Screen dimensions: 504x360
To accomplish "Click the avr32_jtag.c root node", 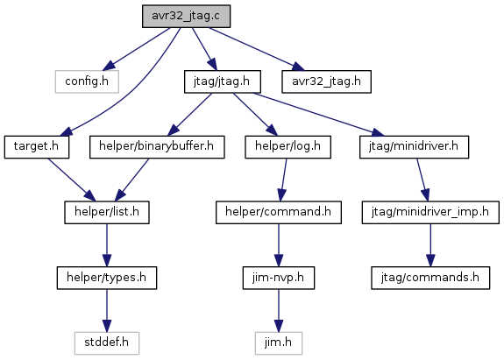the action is (186, 16).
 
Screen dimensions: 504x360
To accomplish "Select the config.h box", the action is (87, 81).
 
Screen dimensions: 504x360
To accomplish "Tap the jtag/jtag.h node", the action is (222, 81).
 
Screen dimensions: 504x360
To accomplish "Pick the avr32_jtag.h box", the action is (326, 81).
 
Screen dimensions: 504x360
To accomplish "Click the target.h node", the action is (36, 147).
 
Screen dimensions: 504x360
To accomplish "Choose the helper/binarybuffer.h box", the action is (157, 147).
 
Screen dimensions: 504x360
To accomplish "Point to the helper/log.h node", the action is (287, 147).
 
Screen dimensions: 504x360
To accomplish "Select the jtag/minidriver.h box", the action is (414, 147).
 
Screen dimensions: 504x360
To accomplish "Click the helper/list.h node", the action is (107, 212).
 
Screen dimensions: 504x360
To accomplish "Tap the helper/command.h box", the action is (279, 212).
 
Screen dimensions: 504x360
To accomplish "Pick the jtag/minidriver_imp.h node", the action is (430, 212).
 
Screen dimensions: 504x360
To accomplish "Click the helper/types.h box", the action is (107, 278).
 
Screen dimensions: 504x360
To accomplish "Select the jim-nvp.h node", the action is (279, 278).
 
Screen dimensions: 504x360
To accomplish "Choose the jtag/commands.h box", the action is (430, 278).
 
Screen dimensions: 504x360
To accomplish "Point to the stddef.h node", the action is (107, 343).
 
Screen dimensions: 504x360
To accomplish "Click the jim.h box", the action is (279, 343).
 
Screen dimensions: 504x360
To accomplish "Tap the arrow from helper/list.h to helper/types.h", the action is (107, 245).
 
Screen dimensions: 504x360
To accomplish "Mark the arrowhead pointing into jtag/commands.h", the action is (430, 260).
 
